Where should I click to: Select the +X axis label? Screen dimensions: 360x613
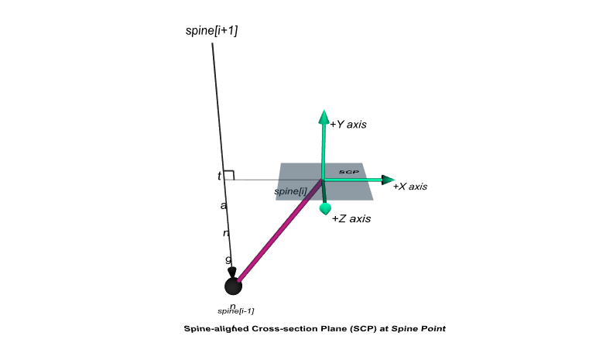(410, 187)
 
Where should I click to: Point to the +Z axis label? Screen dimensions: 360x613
(351, 219)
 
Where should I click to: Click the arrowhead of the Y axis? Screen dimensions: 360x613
(323, 117)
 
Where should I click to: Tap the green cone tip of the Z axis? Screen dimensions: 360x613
(326, 208)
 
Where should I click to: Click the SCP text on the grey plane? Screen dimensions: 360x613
(348, 172)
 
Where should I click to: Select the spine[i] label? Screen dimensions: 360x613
(291, 191)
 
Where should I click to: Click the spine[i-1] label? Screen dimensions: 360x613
(236, 310)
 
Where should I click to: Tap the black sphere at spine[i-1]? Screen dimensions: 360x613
(233, 286)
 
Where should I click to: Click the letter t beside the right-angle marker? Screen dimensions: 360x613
(219, 177)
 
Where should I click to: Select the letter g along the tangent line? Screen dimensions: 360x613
(228, 259)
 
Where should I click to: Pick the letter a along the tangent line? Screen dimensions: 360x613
(224, 206)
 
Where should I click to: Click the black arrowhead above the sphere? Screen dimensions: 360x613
(232, 271)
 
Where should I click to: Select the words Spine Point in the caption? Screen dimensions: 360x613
(419, 328)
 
